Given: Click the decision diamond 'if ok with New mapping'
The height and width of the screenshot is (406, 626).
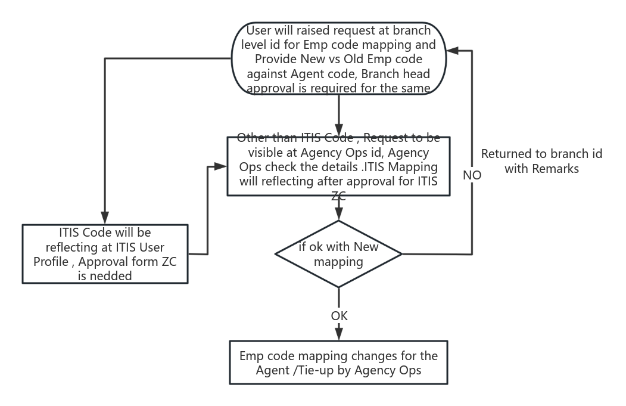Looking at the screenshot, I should coord(338,254).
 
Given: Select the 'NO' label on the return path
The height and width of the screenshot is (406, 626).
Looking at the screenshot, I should coord(472,176).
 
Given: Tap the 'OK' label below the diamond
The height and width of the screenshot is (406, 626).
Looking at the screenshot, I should coord(339,315).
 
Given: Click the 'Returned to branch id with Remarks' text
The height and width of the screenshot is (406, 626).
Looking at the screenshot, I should coord(541,161).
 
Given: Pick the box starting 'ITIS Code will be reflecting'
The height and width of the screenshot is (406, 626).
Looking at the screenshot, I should coord(105,254).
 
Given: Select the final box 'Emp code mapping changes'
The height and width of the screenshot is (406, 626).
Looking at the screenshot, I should coord(338,362).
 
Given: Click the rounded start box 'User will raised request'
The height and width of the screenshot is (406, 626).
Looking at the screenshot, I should coord(338,59).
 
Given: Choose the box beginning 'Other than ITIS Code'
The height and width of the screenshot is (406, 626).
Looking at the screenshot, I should coord(338,166).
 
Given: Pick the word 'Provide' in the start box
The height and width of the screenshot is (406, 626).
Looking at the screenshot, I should coord(276,59).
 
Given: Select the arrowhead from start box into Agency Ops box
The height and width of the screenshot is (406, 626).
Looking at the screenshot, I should coord(338,132).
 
